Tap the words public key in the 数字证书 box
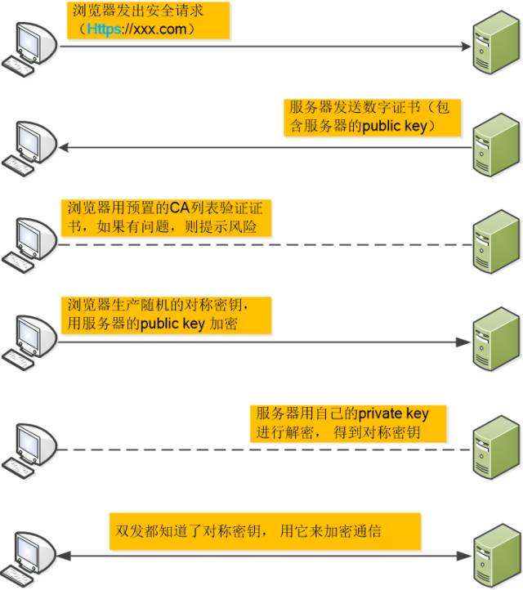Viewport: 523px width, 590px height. (x=391, y=126)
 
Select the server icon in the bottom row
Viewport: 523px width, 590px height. (x=494, y=556)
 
